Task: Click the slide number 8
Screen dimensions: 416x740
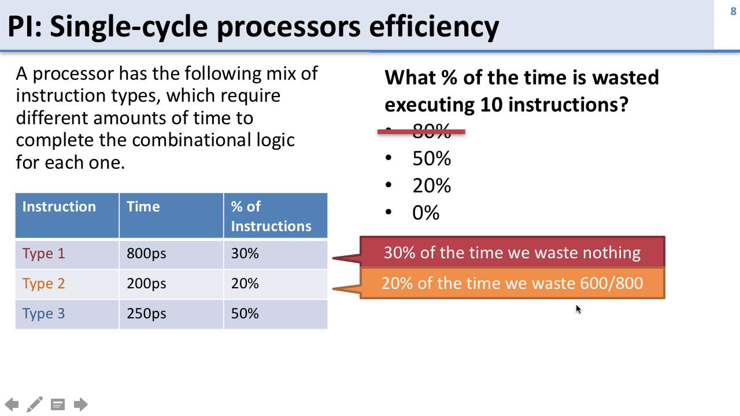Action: [733, 12]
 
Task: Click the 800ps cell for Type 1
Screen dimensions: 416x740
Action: [146, 254]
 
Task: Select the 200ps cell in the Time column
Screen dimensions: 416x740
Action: [146, 284]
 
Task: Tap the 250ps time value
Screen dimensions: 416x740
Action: [146, 314]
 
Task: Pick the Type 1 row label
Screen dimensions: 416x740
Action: [43, 254]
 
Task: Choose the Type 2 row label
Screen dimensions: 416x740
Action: [43, 284]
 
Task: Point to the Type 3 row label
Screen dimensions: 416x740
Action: [43, 314]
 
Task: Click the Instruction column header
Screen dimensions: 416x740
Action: [59, 207]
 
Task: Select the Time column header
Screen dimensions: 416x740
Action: [143, 207]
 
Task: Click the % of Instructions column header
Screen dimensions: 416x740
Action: [271, 216]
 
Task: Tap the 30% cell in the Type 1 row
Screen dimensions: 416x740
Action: [245, 254]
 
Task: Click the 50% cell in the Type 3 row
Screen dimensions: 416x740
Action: [245, 314]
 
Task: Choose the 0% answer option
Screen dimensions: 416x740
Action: [425, 213]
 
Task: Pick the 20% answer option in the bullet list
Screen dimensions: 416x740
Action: [431, 186]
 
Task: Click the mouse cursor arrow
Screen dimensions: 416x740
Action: [578, 309]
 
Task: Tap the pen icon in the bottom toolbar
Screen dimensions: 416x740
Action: [35, 404]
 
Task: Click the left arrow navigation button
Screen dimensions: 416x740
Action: [12, 404]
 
